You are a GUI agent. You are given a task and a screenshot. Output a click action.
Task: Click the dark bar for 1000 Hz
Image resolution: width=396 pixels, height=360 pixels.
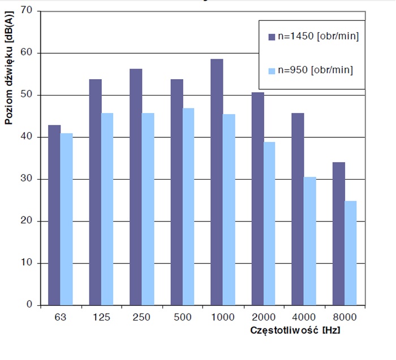coord(217,182)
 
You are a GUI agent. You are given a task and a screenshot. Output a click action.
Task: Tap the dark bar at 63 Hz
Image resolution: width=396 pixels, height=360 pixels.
coord(54,215)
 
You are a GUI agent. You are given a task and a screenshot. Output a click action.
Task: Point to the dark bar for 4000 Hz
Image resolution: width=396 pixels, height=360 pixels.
coord(298,209)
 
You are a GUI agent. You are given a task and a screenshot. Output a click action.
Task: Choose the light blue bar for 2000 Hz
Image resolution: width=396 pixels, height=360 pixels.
coord(269,223)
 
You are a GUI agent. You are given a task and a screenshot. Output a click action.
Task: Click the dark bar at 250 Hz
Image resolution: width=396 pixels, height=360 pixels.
coord(136,186)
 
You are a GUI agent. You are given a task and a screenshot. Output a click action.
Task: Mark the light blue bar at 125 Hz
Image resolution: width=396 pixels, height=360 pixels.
coord(107,209)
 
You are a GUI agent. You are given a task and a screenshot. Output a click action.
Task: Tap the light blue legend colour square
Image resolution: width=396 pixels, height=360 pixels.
coord(272,71)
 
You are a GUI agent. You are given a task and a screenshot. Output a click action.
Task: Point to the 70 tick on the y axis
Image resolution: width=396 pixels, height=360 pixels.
coord(28,11)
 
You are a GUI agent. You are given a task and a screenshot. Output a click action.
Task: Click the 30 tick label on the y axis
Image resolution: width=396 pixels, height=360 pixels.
coord(28,179)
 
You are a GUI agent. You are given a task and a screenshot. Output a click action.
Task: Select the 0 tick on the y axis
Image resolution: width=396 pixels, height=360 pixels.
coord(30,305)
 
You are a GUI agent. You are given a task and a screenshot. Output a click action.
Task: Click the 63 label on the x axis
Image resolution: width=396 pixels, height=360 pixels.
coord(61,318)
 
